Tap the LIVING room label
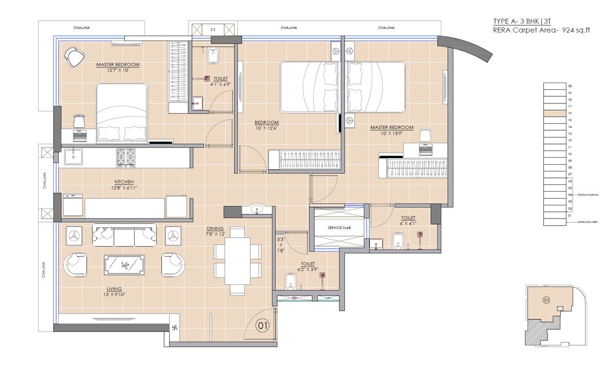114,288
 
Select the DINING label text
215,228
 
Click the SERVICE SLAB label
339,228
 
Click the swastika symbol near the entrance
176,328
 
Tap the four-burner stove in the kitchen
126,157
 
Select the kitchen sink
74,157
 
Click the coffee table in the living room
125,265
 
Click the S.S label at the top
212,30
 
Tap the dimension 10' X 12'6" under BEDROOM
267,129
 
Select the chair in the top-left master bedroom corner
74,57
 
